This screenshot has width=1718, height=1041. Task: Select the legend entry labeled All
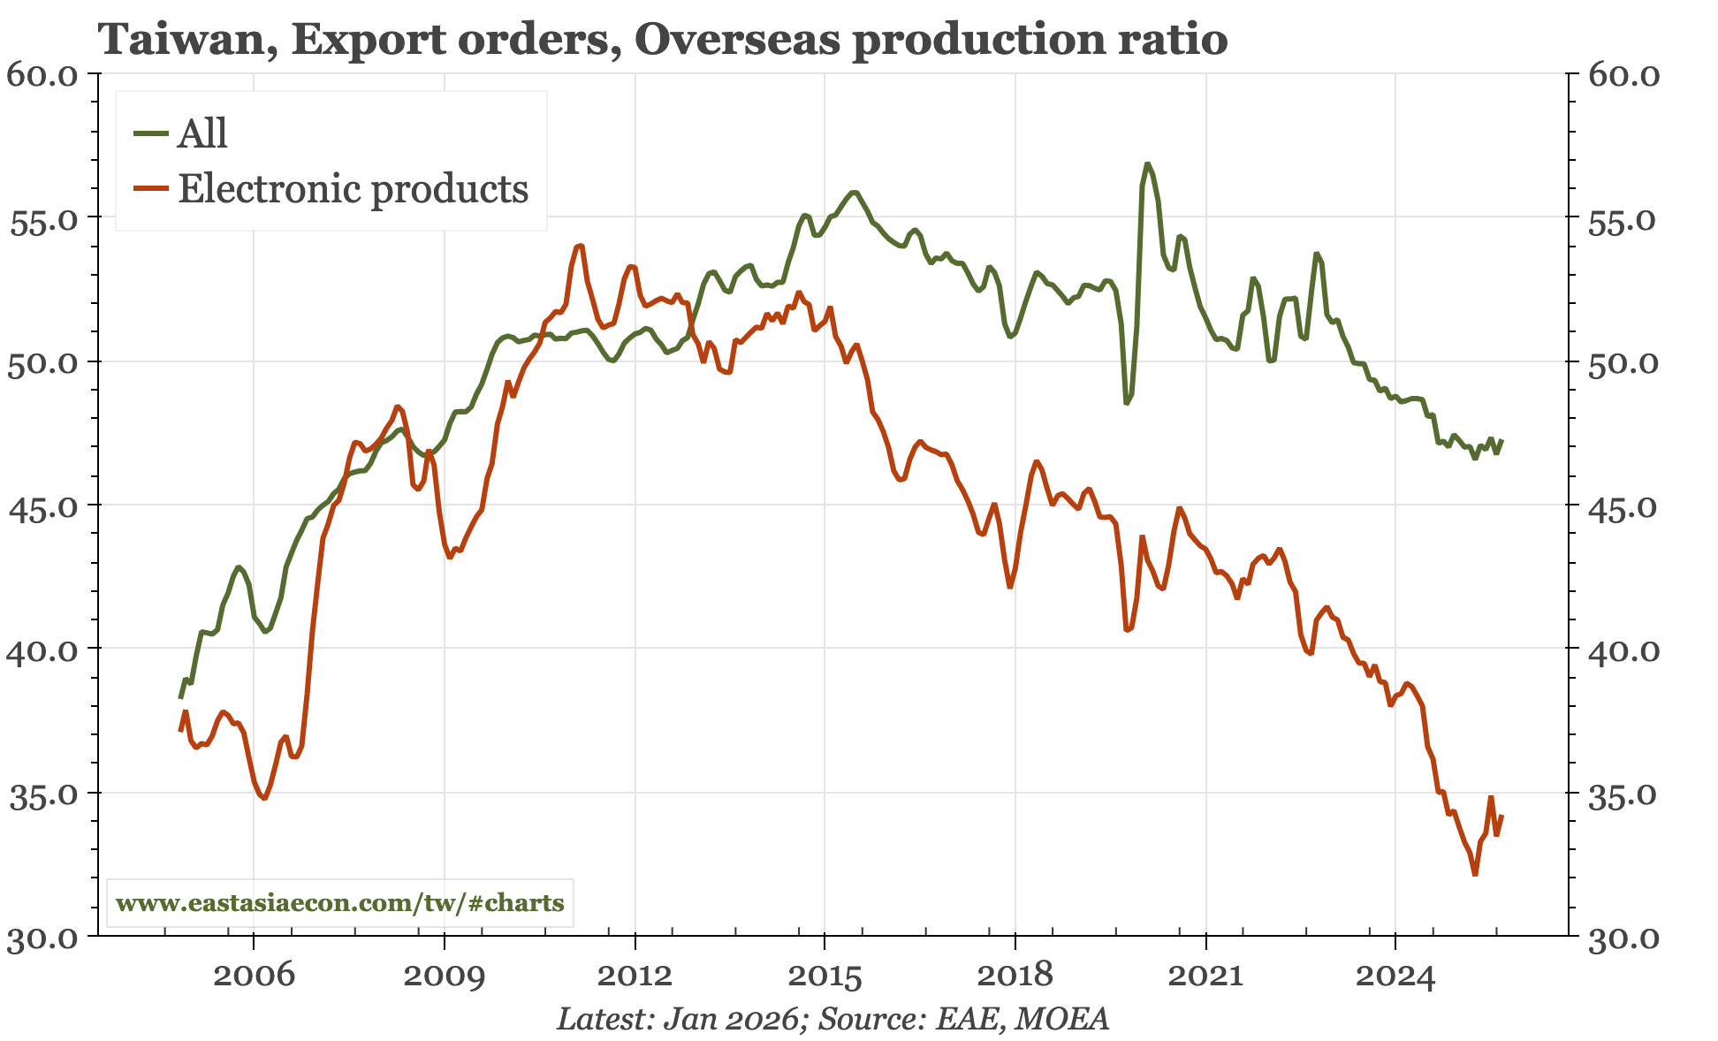click(202, 133)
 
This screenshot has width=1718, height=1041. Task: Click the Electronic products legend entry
click(353, 189)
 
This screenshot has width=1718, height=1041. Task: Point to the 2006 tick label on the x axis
click(254, 975)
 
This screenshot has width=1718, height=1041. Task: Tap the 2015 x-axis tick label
click(824, 975)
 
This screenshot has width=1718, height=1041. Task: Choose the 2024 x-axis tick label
click(1395, 975)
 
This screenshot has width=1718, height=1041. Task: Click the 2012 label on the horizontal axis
click(635, 975)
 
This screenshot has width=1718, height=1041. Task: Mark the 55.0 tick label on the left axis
click(42, 220)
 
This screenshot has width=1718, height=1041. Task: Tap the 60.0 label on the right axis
click(1623, 75)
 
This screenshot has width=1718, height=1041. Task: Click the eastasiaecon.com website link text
click(340, 903)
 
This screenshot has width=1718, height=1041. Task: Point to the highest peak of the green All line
click(1146, 163)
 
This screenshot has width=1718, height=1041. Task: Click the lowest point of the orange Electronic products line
click(1475, 874)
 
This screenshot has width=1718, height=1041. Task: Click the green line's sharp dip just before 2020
click(1127, 403)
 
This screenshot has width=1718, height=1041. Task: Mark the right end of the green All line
click(1501, 440)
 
